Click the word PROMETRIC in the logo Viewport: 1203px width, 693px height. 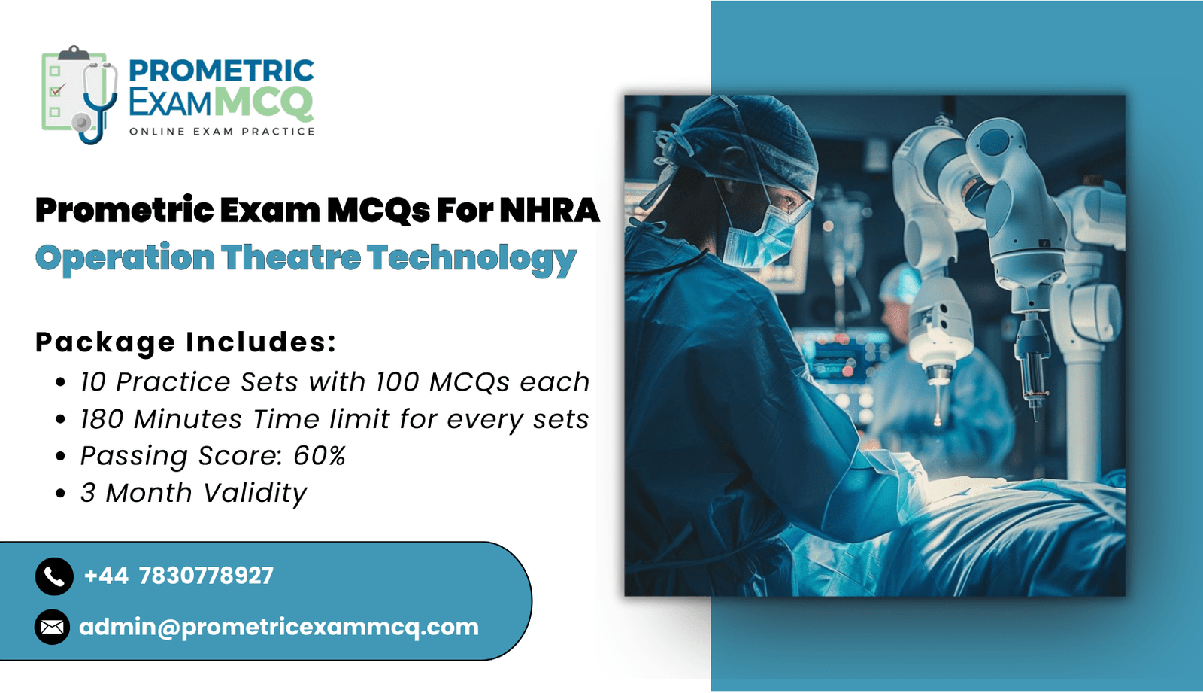pyautogui.click(x=221, y=71)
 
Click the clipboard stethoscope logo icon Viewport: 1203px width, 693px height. pyautogui.click(x=80, y=95)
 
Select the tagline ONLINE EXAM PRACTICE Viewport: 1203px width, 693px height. pyautogui.click(x=222, y=132)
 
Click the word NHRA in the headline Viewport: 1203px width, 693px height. pyautogui.click(x=550, y=210)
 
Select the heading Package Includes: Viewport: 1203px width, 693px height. pyautogui.click(x=186, y=342)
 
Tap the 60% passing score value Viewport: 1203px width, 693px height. pyautogui.click(x=320, y=455)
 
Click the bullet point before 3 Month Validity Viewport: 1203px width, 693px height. pyautogui.click(x=61, y=493)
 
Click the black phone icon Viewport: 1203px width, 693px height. pyautogui.click(x=54, y=576)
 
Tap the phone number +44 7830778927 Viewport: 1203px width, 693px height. pyautogui.click(x=179, y=576)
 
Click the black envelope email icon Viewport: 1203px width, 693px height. pyautogui.click(x=52, y=627)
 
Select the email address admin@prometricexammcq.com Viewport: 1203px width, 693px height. pyautogui.click(x=279, y=628)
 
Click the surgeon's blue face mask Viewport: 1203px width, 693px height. pyautogui.click(x=760, y=240)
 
